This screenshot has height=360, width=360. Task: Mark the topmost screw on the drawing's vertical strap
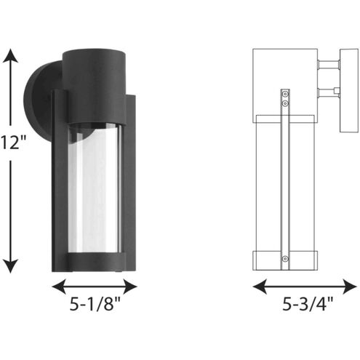click(x=285, y=94)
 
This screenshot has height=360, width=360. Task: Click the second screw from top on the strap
click(x=285, y=104)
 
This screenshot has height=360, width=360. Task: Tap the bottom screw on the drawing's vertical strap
click(x=285, y=258)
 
